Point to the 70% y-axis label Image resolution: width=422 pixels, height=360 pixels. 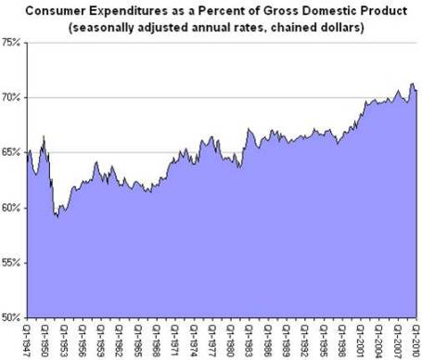click(x=13, y=97)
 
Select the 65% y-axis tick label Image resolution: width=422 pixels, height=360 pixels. click(x=13, y=152)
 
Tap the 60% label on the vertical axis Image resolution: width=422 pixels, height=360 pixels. click(x=13, y=207)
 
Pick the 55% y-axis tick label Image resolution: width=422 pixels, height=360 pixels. click(x=13, y=262)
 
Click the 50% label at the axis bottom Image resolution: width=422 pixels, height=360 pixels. click(x=13, y=316)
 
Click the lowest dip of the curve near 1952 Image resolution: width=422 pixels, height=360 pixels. click(x=57, y=216)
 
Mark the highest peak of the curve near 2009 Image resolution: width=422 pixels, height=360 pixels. click(x=411, y=84)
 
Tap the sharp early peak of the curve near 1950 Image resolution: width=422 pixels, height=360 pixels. click(x=44, y=136)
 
